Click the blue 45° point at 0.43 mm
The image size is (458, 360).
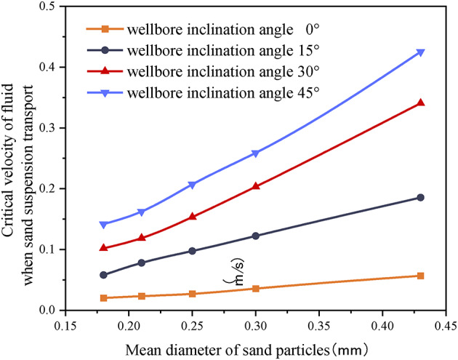coord(420,52)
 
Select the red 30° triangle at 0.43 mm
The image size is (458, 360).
coord(420,103)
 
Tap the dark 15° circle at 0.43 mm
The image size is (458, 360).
coord(420,198)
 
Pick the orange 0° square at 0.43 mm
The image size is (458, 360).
coord(420,276)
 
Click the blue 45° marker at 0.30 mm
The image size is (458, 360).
coord(255,153)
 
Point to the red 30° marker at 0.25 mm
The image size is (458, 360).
coord(192,216)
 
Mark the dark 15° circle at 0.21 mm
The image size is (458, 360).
coord(141,263)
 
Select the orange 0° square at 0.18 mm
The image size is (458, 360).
coord(103,297)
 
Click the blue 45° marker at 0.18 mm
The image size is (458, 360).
coord(103,225)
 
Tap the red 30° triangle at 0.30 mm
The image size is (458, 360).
coord(255,186)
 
